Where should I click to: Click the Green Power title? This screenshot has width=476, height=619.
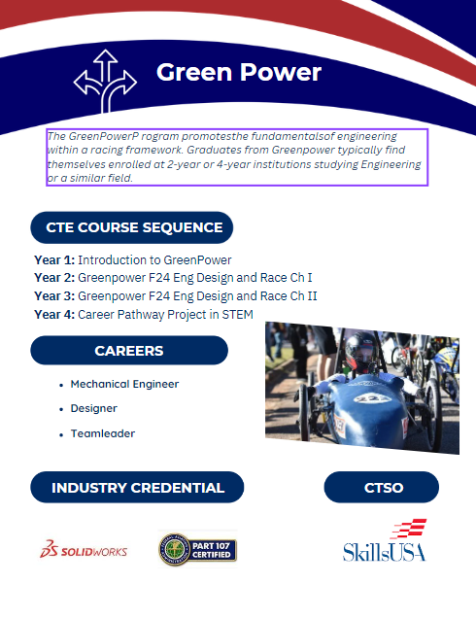point(238,73)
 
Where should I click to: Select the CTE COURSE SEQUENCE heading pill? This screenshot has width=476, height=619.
point(132,227)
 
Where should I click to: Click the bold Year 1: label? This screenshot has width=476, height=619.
point(54,260)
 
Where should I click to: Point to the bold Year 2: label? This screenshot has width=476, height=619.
point(54,278)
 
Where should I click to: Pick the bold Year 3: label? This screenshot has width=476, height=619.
point(54,296)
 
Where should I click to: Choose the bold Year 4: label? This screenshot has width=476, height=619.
point(54,314)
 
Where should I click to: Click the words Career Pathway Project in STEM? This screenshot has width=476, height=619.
point(166,314)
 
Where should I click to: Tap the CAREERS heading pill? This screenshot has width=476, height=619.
point(129,351)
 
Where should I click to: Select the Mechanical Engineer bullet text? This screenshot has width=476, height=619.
point(124,384)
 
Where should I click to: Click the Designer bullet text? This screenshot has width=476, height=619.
point(94,409)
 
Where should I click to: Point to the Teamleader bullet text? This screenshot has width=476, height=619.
point(102,433)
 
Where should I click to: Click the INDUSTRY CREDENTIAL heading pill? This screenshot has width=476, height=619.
point(137,488)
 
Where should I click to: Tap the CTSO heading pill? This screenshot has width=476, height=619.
point(383,488)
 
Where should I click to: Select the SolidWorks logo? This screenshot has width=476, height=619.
point(83,550)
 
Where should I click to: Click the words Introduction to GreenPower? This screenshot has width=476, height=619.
point(154,260)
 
